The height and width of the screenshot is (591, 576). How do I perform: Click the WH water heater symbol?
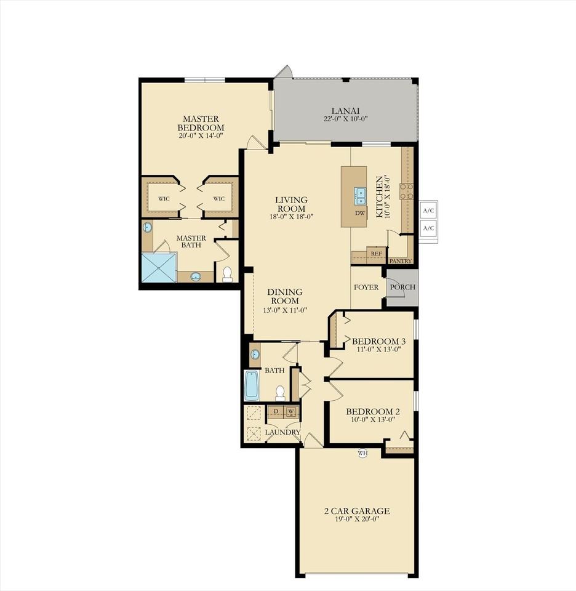pos(362,453)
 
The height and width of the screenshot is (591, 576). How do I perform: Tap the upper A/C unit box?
pos(428,210)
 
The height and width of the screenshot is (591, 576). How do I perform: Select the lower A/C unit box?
pos(428,228)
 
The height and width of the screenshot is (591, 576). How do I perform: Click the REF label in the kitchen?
pos(376,253)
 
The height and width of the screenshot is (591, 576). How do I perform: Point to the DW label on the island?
pos(360,214)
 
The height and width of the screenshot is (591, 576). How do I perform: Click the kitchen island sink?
pos(360,196)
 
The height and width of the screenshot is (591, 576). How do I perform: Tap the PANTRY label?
pos(400,261)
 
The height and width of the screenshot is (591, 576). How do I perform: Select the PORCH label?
pos(403,287)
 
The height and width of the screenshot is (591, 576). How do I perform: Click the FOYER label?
pos(366,287)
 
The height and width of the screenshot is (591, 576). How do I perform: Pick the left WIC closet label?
pos(164,199)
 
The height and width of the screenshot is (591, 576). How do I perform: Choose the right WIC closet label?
pos(218,199)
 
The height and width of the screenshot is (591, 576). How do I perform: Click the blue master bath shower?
pos(159,268)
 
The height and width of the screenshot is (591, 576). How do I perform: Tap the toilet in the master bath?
pos(227,273)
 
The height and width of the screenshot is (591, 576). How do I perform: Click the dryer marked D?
pos(275,411)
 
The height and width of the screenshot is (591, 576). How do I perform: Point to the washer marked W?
pos(291,411)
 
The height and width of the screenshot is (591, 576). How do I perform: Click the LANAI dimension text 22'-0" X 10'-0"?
pos(345,119)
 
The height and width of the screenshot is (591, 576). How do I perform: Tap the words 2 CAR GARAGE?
pos(357,511)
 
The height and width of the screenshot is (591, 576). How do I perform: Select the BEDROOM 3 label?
pos(378,341)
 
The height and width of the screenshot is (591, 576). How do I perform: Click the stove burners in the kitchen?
pos(406,191)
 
